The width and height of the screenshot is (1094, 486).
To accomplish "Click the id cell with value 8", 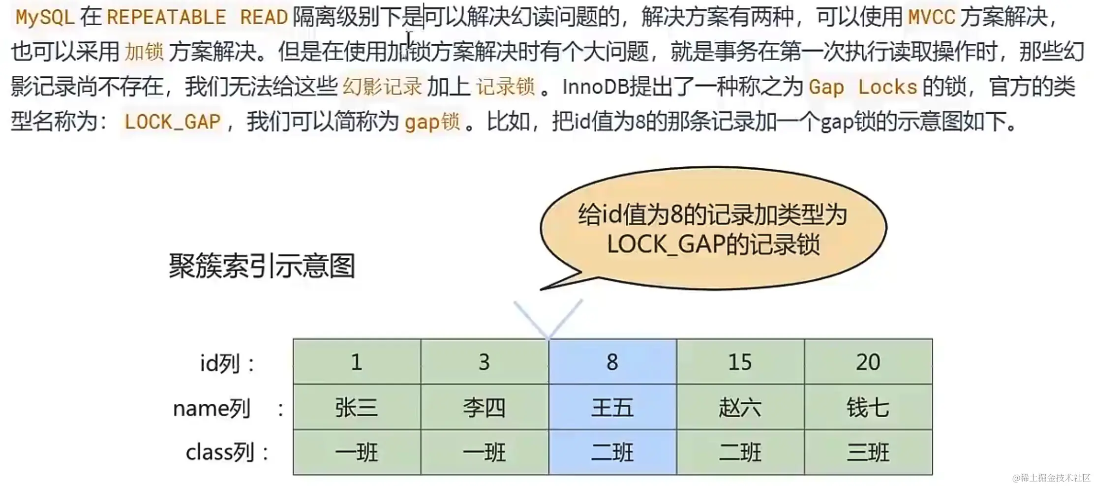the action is pos(612,362).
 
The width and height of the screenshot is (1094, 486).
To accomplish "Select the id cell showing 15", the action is pos(740,362).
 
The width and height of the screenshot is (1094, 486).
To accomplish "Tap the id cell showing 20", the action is pos(868,362).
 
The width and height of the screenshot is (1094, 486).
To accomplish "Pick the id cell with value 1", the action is pos(357,362).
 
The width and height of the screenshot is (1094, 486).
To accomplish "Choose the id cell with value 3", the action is pos(485,362).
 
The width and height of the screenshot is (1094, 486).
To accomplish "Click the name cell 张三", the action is pos(357,407).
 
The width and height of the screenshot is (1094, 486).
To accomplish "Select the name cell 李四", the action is pos(485,407).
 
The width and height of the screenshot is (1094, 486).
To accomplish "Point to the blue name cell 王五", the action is pos(612,407).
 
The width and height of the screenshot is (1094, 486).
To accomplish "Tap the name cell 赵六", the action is pos(740,407).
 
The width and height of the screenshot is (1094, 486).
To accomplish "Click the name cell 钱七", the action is pos(868,407).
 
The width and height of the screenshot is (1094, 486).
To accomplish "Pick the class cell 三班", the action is pos(868,452).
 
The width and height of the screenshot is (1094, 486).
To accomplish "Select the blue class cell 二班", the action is pos(612,452).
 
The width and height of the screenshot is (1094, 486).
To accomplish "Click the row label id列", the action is pos(227,364).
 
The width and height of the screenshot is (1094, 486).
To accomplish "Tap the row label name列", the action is pos(228,408).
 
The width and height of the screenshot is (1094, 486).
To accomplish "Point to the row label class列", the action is pos(227,452).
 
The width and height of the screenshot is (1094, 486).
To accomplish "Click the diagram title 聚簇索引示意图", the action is pos(262,266).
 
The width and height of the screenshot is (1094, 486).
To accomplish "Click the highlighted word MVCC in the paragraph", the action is pos(931,18).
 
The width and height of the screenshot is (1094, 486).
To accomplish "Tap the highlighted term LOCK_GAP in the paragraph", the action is pos(173,121).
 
